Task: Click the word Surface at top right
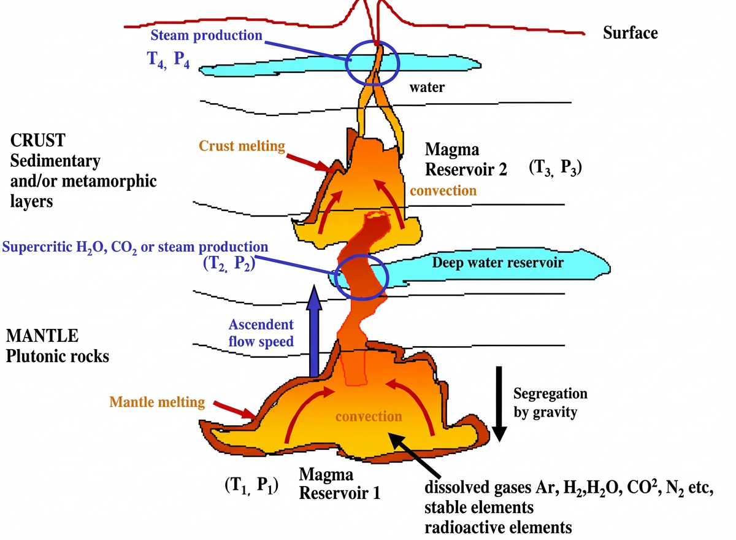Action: [630, 33]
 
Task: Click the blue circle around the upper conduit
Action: [372, 62]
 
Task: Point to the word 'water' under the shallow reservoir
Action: [427, 88]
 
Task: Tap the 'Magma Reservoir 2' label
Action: [466, 159]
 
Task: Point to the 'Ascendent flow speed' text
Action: [261, 332]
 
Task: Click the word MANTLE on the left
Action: [42, 336]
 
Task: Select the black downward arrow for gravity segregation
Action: [499, 403]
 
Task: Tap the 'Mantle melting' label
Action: [156, 403]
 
